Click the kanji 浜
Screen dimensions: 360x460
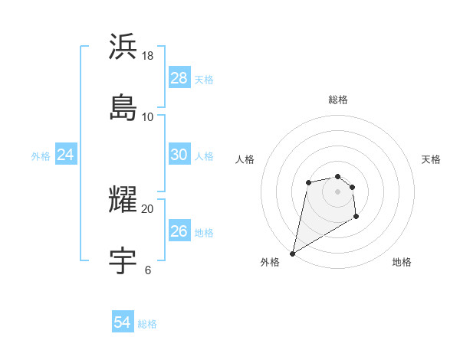coord(123,47)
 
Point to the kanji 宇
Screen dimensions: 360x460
coord(123,260)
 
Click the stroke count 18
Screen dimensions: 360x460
coord(148,56)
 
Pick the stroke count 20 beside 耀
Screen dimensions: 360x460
coord(148,208)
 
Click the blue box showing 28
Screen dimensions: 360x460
coord(179,78)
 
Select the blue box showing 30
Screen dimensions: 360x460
coord(179,155)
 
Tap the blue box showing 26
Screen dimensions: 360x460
coord(179,231)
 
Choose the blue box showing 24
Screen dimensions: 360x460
coord(66,155)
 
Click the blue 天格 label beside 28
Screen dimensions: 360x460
coord(204,80)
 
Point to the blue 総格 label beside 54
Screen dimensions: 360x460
coord(147,324)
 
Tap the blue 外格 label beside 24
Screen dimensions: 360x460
coord(41,156)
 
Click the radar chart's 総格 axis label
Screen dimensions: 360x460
coord(338,100)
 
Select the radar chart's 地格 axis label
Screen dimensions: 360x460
coord(402,262)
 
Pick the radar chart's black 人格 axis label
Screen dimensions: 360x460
coord(245,159)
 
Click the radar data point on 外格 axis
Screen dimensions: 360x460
coord(293,253)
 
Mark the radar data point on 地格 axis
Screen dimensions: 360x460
coord(356,217)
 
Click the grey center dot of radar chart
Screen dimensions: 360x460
coord(337,191)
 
